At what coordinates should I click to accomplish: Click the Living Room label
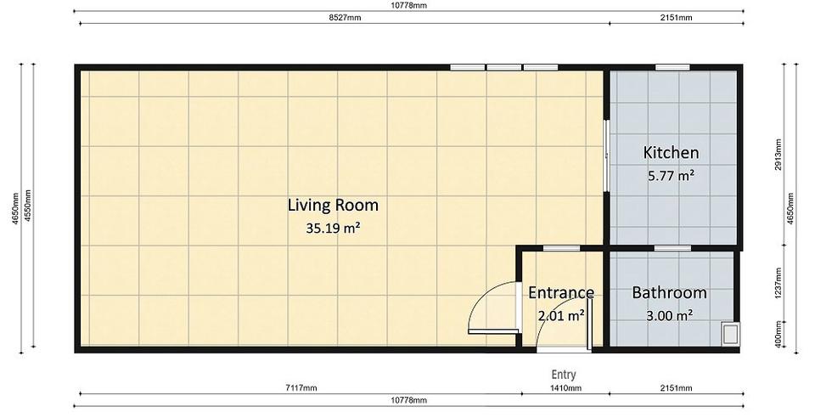click(x=333, y=205)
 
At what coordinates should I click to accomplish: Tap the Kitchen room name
click(x=671, y=152)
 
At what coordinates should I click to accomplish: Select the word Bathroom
click(x=670, y=293)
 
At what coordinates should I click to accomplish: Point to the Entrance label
click(x=561, y=293)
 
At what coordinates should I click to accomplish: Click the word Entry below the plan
click(x=564, y=375)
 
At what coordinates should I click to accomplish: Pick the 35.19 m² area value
click(x=333, y=228)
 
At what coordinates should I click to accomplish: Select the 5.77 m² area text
click(x=671, y=176)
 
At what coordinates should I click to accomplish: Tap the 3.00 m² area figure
click(x=670, y=315)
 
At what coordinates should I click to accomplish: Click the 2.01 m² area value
click(x=561, y=315)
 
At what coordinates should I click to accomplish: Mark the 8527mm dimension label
click(x=345, y=18)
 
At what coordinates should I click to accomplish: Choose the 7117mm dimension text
click(x=301, y=388)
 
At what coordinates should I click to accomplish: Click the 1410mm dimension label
click(x=565, y=388)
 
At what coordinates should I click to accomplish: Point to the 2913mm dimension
click(x=778, y=155)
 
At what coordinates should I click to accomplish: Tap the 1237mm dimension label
click(x=778, y=284)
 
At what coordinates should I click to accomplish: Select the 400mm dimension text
click(x=778, y=334)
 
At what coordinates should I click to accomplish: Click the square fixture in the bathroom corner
click(x=730, y=333)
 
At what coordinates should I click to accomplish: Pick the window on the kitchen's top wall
click(x=672, y=67)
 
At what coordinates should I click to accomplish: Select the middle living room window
click(x=503, y=67)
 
